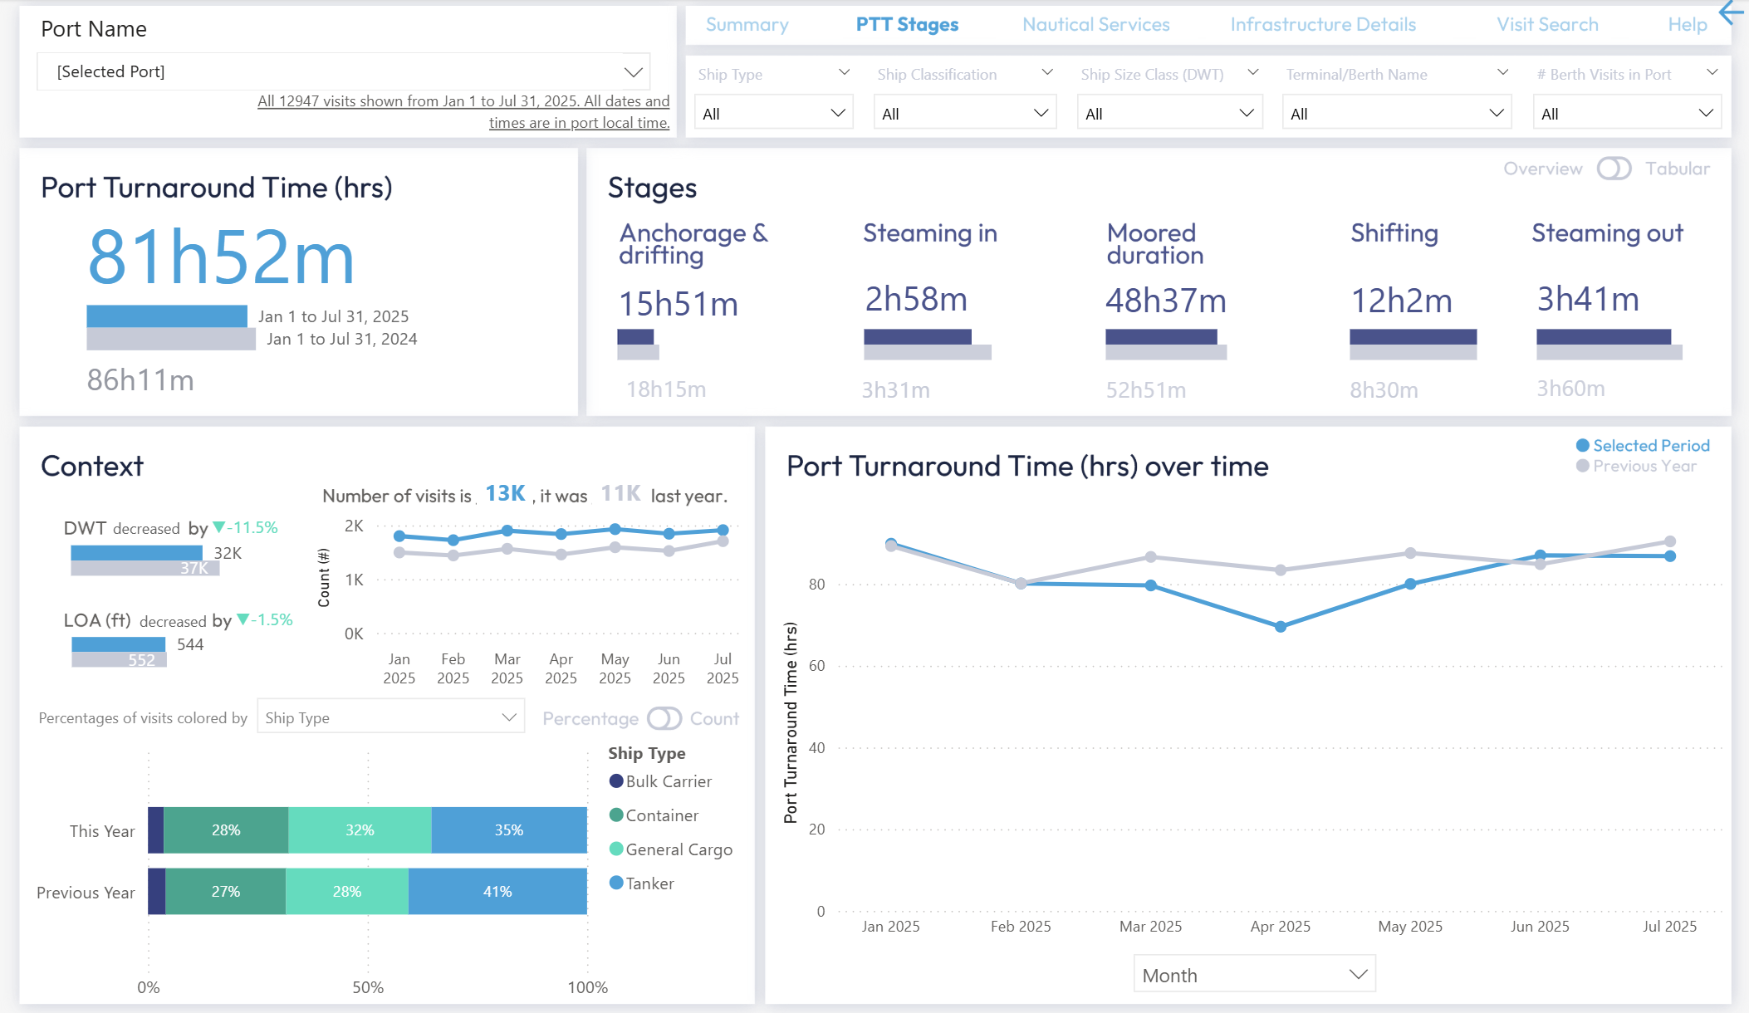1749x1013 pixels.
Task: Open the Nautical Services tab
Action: pos(1095,25)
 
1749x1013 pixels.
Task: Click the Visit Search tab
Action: pos(1546,25)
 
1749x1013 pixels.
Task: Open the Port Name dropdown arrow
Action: pos(633,72)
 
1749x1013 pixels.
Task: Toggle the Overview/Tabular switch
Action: pos(1614,169)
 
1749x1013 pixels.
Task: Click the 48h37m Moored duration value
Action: pos(1165,301)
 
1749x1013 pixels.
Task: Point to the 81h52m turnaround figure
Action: pos(221,257)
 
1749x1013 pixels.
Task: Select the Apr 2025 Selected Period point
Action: pos(1280,627)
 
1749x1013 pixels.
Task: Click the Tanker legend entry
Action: pos(649,883)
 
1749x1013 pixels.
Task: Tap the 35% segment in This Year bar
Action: pos(508,830)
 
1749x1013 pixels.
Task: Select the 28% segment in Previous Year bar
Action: pos(346,892)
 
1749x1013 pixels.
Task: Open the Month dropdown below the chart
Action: pos(1254,975)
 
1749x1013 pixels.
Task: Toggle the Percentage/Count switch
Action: pos(664,718)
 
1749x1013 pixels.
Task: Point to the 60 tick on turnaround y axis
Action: pos(816,666)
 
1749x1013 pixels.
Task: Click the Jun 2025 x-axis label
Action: pos(1539,927)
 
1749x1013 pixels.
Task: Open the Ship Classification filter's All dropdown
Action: pos(963,114)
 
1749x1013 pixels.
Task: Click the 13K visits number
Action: pos(505,494)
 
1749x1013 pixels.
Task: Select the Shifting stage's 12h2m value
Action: pos(1401,301)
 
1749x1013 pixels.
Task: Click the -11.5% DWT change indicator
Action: pos(246,528)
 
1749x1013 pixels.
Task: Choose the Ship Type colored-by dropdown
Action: pos(390,718)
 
